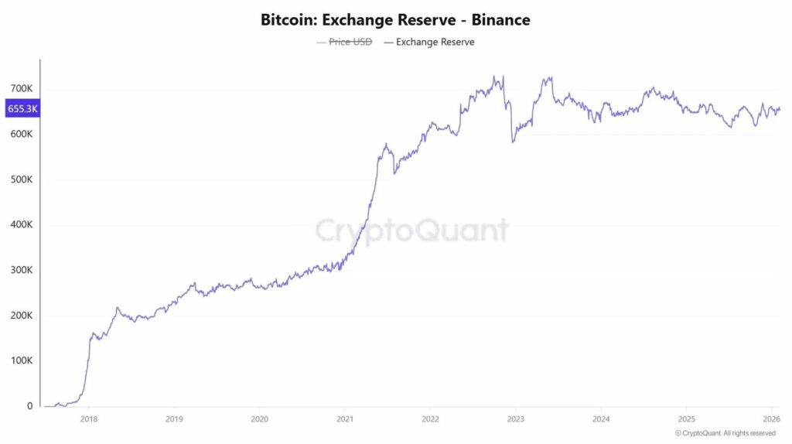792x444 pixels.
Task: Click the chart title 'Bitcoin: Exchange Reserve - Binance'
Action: point(395,19)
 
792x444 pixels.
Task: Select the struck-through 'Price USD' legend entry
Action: point(350,42)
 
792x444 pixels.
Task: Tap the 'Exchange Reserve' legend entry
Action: point(435,42)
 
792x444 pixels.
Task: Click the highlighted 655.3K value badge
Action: point(22,109)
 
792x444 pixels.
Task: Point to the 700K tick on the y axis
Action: point(20,89)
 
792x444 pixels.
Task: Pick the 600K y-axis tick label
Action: point(20,135)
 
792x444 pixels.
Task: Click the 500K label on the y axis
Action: point(20,179)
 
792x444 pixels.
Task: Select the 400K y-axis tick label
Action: point(20,225)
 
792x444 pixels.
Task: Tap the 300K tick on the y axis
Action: point(20,271)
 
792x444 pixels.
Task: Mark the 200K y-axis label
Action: point(20,316)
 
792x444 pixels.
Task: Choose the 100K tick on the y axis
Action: point(20,361)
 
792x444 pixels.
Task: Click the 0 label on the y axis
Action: point(29,406)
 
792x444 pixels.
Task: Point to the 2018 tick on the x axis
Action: point(89,418)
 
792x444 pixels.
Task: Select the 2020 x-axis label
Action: point(260,418)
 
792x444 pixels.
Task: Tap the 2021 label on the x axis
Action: point(345,418)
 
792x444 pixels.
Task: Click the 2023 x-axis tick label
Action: point(516,418)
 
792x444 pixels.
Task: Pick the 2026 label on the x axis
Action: point(771,418)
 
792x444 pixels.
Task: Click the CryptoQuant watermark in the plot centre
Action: point(411,231)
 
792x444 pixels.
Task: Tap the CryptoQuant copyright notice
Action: point(725,433)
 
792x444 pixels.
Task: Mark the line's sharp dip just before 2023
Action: point(512,141)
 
